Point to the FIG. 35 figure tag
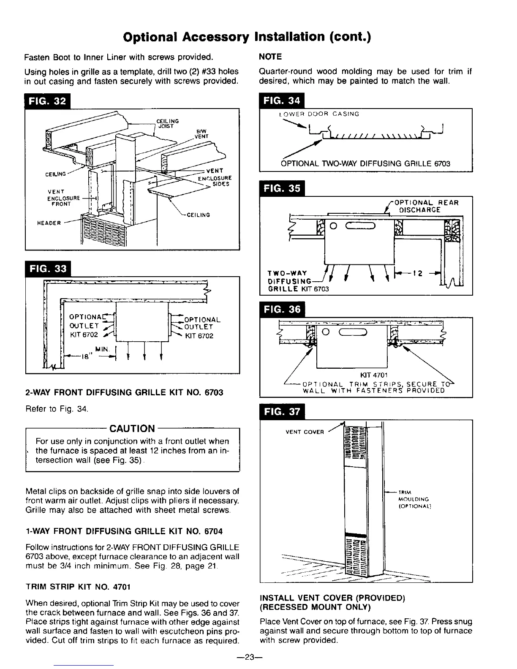282,188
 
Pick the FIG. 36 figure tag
282,310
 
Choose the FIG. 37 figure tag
282,412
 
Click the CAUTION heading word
132,429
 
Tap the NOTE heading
270,57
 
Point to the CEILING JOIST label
168,123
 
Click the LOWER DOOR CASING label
319,114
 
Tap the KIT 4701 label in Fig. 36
372,375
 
